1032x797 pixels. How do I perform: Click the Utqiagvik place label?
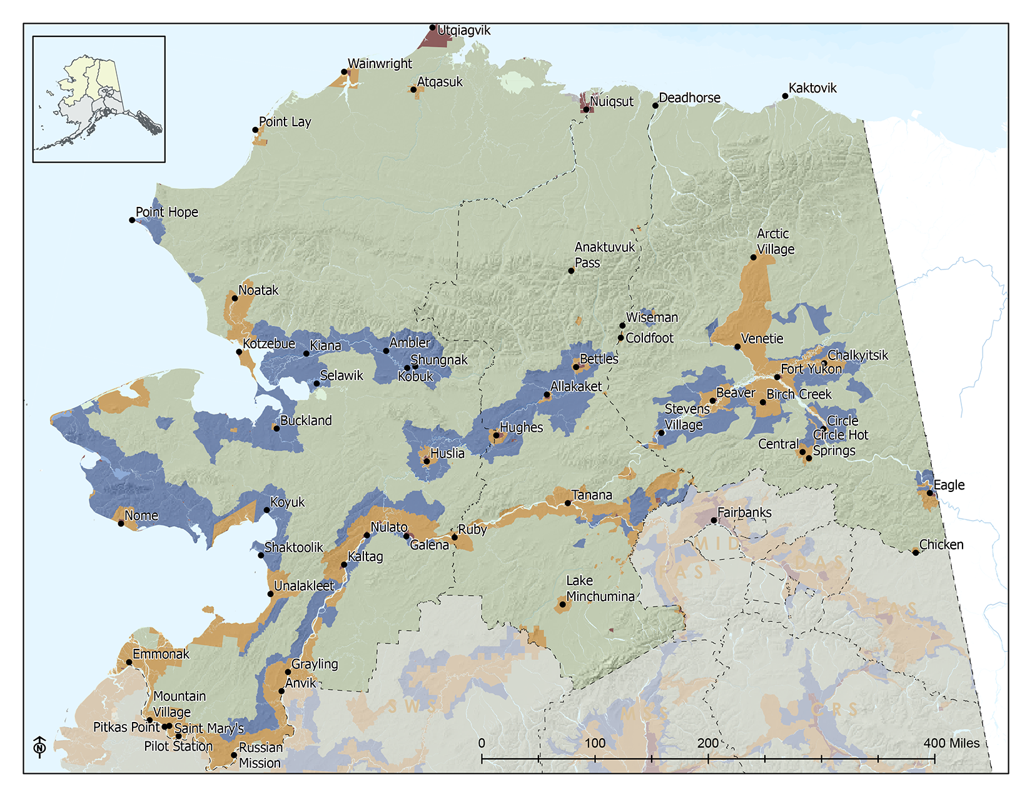click(463, 31)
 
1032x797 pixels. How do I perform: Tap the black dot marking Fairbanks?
click(714, 520)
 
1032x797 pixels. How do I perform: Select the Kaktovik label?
click(812, 88)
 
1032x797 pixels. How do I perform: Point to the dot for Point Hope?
click(132, 220)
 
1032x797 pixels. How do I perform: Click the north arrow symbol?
click(40, 746)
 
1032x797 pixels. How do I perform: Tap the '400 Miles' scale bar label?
click(951, 743)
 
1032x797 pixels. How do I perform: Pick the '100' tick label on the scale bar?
click(595, 743)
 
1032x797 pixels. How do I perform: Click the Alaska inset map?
click(99, 99)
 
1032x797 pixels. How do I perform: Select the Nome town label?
click(141, 516)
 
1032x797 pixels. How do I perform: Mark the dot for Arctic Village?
click(754, 257)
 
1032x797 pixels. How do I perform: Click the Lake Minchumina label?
click(600, 589)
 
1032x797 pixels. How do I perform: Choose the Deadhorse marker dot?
click(655, 105)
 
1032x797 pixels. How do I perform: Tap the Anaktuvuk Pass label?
click(604, 255)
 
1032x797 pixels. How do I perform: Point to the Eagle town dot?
click(930, 493)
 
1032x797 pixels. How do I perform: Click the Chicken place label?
click(941, 544)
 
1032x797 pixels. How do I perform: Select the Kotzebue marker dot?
click(239, 352)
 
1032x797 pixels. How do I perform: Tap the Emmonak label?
click(161, 654)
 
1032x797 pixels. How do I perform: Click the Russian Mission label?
click(260, 755)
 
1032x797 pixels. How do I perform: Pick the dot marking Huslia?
click(427, 461)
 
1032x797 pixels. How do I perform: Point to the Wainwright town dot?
click(344, 72)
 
